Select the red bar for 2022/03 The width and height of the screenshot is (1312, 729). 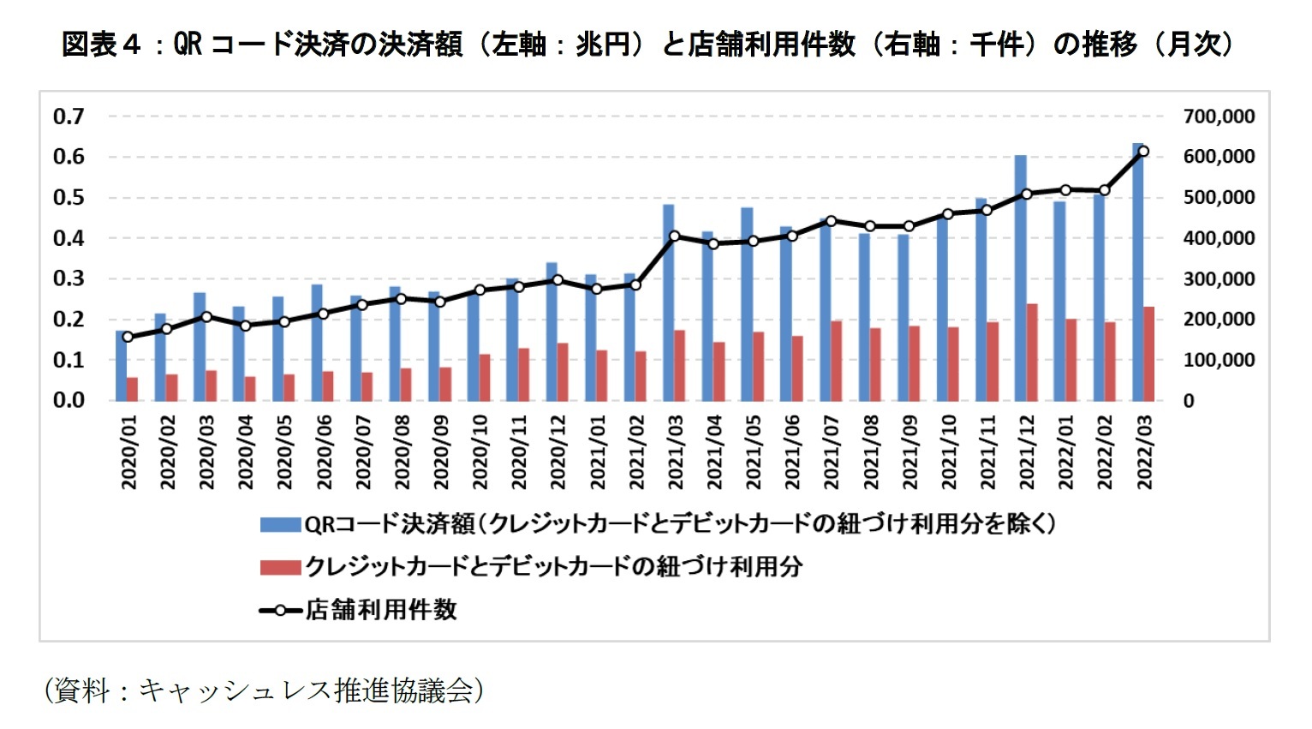(x=1148, y=354)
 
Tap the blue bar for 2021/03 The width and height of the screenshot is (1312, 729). (x=668, y=302)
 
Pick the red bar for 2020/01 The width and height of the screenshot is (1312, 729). (x=132, y=389)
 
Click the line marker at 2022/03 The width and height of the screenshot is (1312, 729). (x=1143, y=152)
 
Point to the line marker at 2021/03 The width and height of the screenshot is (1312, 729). (x=674, y=236)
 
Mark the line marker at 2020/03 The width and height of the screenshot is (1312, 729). (x=206, y=317)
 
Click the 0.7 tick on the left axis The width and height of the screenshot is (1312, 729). (x=69, y=117)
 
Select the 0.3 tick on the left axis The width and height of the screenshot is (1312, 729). (x=69, y=278)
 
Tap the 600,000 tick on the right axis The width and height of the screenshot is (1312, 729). (x=1219, y=157)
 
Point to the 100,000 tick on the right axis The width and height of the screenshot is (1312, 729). (x=1219, y=361)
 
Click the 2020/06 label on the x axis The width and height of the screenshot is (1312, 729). (x=324, y=452)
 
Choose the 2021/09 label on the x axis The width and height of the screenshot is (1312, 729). (x=909, y=452)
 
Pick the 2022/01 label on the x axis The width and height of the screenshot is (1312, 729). (x=1065, y=452)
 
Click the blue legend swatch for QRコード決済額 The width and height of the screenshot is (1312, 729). (x=280, y=524)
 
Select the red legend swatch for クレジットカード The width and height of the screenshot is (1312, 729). (x=280, y=567)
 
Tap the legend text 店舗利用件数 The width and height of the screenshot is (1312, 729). (x=382, y=610)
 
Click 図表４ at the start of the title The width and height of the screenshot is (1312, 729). (x=101, y=45)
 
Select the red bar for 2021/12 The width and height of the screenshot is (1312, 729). (x=1032, y=352)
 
